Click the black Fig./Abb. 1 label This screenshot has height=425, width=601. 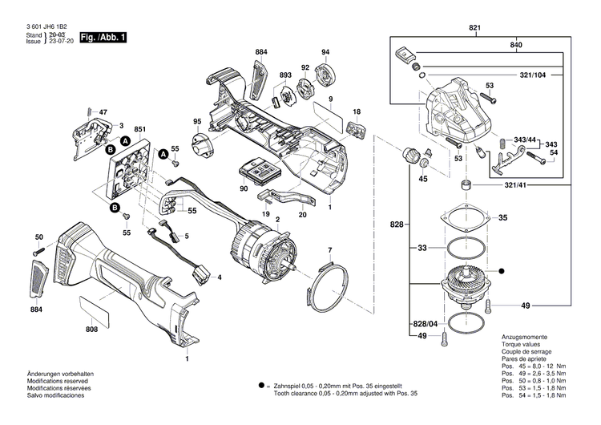point(103,38)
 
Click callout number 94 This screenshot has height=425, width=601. point(325,53)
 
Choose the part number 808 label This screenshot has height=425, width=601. point(92,330)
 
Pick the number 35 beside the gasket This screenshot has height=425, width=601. point(503,218)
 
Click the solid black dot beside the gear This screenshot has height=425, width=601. point(502,270)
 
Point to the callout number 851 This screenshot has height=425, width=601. point(139,129)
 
